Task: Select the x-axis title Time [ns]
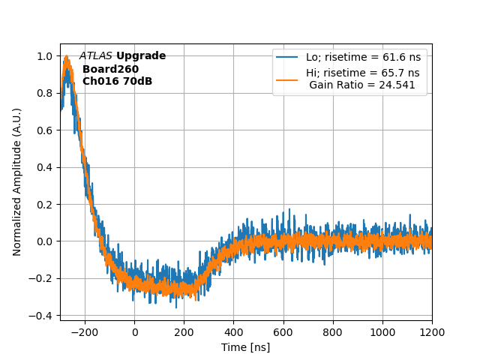coord(245,347)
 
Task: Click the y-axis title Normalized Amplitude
coord(17,181)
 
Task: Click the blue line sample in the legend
coord(288,57)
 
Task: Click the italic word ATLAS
coord(95,56)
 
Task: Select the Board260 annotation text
coord(110,69)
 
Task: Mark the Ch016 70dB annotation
coord(117,81)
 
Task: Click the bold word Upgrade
coord(141,56)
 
